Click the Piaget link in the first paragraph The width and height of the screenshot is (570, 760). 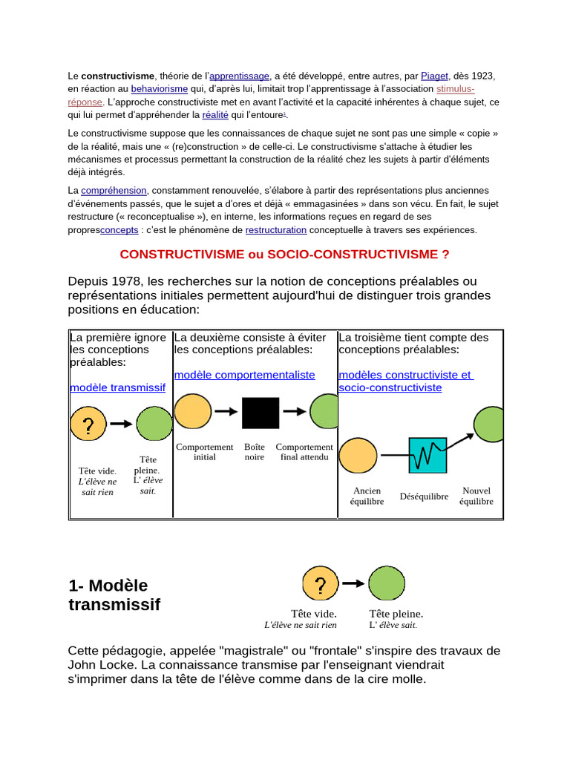434,76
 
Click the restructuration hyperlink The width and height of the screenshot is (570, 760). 276,230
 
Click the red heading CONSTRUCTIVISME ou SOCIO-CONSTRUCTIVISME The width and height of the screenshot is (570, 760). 284,254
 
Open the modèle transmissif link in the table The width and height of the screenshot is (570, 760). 117,387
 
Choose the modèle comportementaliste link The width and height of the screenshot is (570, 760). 244,375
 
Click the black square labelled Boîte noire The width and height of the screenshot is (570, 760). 261,413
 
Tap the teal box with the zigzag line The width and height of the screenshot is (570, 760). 427,455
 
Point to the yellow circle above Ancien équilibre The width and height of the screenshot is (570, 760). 358,456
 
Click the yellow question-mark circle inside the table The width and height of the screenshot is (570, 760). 88,425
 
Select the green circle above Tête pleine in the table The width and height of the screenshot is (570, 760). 154,424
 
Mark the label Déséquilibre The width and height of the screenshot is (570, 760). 424,497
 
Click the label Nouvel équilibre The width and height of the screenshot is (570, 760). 476,496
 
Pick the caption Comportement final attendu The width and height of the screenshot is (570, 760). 304,452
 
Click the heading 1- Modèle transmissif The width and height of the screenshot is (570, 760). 114,595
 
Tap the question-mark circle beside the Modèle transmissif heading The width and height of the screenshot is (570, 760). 321,583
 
